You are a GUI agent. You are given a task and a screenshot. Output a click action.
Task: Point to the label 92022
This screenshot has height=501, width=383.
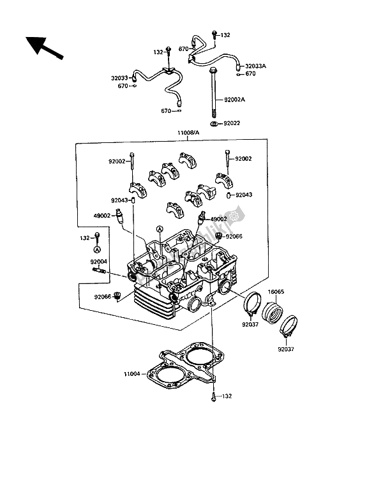pyautogui.click(x=232, y=123)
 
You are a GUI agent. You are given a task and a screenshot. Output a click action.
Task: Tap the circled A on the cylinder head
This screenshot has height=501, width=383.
pyautogui.click(x=160, y=229)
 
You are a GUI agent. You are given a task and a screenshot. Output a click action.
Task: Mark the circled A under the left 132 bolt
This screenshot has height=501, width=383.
pyautogui.click(x=98, y=250)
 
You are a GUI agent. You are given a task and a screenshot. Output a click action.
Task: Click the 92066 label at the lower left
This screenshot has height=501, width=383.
pyautogui.click(x=103, y=296)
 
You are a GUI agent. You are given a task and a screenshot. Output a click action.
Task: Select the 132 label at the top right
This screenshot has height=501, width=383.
pyautogui.click(x=225, y=35)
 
